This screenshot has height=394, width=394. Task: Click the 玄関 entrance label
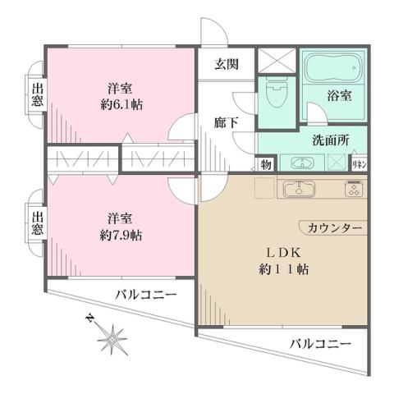[x=227, y=64]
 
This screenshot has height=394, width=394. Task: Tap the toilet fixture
[x=274, y=91]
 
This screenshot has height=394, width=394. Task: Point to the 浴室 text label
[x=341, y=96]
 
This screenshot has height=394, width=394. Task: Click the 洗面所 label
[x=330, y=140]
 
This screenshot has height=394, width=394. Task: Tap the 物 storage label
[x=267, y=163]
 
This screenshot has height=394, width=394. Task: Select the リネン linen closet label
[x=360, y=163]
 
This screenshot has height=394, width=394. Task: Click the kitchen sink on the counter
[x=301, y=190]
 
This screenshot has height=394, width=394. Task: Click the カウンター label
[x=331, y=227]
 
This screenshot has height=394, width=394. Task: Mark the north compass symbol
[x=108, y=334]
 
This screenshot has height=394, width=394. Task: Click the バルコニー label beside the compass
[x=145, y=294]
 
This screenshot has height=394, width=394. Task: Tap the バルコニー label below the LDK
[x=320, y=342]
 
